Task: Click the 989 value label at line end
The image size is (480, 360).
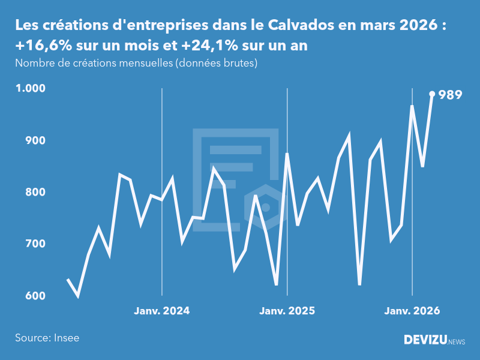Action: click(450, 95)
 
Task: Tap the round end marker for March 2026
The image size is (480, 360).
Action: click(432, 94)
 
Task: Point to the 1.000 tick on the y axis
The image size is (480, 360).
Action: click(31, 88)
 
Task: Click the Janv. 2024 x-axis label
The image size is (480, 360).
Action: click(162, 311)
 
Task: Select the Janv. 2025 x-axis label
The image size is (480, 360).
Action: click(287, 311)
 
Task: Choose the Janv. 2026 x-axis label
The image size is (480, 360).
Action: click(412, 311)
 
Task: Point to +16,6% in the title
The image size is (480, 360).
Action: click(43, 46)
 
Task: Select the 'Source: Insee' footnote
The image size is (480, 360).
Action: click(47, 338)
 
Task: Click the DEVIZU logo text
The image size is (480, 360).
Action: click(425, 340)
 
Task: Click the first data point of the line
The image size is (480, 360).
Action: click(68, 280)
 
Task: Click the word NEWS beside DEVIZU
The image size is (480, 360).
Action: click(457, 341)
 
